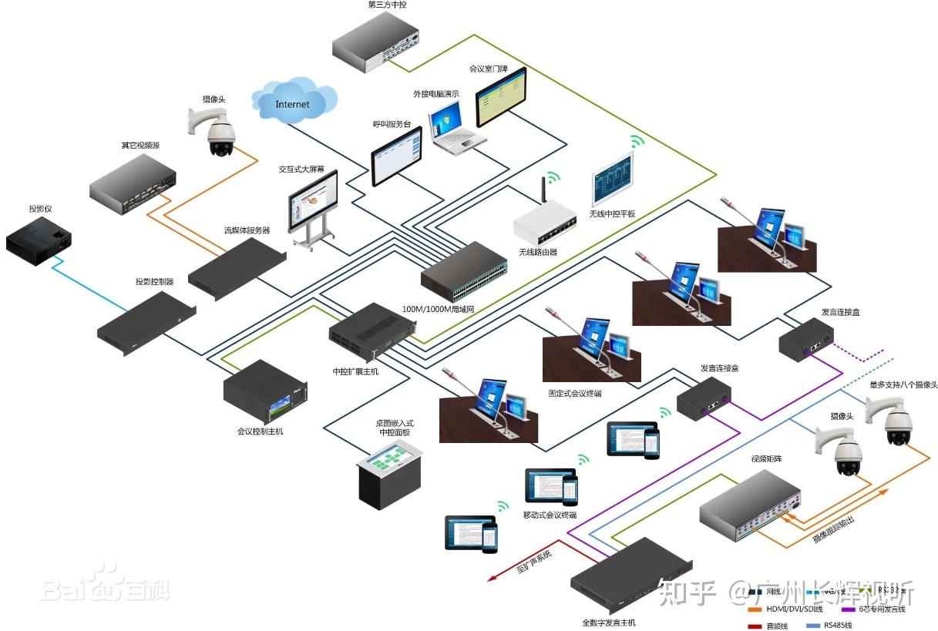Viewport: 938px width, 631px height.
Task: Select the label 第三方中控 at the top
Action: pyautogui.click(x=387, y=5)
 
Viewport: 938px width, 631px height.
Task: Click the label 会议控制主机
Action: pyautogui.click(x=260, y=431)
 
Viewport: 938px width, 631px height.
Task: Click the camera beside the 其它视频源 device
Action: pyautogui.click(x=218, y=130)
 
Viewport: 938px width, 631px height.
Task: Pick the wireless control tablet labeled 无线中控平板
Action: pyautogui.click(x=613, y=180)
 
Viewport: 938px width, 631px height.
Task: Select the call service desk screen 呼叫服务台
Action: pyautogui.click(x=397, y=156)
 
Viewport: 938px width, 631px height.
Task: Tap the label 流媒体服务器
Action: pyautogui.click(x=247, y=230)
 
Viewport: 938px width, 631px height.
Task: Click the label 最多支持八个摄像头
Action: pyautogui.click(x=903, y=384)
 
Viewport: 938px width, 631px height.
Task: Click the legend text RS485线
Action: pyautogui.click(x=839, y=626)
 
